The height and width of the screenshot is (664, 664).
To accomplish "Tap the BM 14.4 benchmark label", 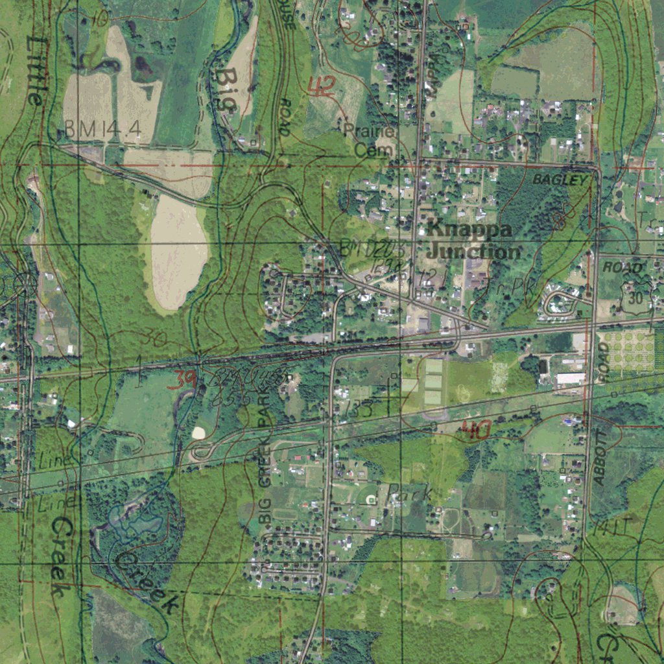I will tap(102, 130).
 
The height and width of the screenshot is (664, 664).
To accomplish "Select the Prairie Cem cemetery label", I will tap(370, 140).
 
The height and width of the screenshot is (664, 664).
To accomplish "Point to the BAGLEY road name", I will tap(559, 180).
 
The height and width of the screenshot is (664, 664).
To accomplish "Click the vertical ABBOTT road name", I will tap(600, 458).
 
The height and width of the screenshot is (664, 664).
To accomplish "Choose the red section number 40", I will tap(475, 429).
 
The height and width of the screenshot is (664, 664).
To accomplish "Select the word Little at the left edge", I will tap(36, 70).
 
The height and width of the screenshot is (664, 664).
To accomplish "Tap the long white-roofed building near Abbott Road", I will tap(570, 378).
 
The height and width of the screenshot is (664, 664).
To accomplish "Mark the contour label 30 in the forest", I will tap(152, 337).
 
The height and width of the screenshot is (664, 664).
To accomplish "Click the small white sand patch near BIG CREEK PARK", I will tap(199, 433).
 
